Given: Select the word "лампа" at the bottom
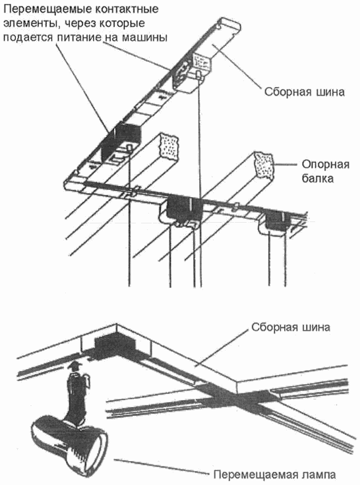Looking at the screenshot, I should coord(314,472).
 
